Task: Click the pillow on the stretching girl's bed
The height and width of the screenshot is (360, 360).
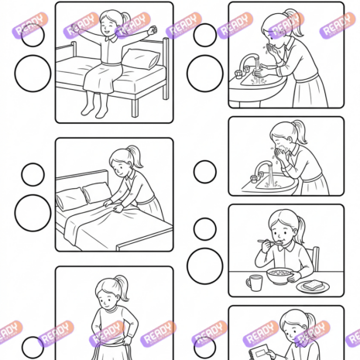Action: [141, 59]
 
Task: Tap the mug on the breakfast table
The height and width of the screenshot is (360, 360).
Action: [255, 283]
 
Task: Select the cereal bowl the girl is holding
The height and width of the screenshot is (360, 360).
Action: [280, 276]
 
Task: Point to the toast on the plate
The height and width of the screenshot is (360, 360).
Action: [313, 285]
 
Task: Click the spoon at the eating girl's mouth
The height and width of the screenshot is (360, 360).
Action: [269, 242]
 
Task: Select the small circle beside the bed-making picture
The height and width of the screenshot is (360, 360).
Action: [33, 174]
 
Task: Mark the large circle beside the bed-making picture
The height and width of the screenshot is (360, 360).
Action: [33, 213]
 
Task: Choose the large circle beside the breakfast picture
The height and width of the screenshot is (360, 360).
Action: [205, 266]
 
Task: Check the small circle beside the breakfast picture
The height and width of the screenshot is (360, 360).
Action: [205, 229]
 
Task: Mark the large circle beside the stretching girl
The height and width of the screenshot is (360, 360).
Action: [33, 74]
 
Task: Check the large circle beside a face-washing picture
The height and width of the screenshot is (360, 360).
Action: [205, 74]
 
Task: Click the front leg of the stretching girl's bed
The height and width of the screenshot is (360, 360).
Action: [135, 108]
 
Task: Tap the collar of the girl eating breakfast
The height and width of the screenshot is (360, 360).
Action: [285, 248]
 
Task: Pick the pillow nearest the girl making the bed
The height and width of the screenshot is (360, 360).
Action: [97, 192]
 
